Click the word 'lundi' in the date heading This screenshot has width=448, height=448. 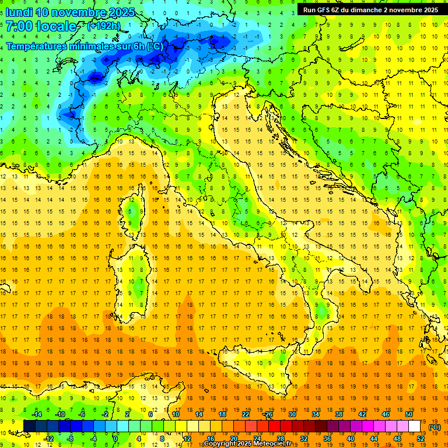coord(19,12)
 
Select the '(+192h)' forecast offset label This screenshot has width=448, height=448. coord(103,26)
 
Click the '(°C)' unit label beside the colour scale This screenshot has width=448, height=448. coord(434,427)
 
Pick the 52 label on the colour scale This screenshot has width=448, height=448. coord(421,439)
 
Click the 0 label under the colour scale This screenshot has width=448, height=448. coord(116,439)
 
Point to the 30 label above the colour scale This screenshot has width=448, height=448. coord(292,414)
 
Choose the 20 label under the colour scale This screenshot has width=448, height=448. coord(233,439)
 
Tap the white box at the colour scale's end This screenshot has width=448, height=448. coord(415,426)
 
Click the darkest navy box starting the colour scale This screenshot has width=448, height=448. coord(29,426)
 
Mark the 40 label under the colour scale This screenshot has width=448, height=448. coord(350,439)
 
